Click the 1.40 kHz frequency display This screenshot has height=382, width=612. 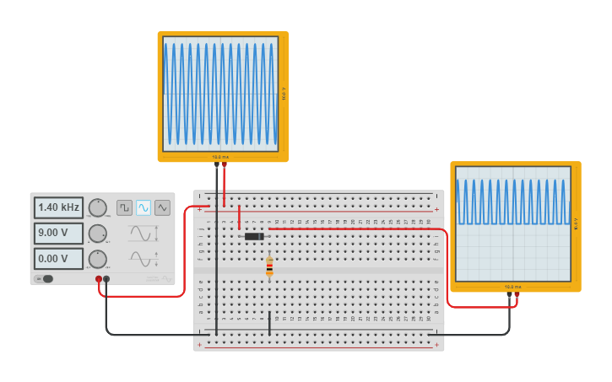tap(58, 207)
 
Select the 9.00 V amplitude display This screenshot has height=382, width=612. tap(58, 233)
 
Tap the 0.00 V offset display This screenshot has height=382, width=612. tap(58, 258)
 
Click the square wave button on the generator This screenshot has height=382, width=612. tap(124, 207)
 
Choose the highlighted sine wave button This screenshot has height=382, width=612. tap(144, 207)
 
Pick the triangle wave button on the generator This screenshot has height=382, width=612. tap(162, 207)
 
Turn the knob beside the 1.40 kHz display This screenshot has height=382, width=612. tap(98, 207)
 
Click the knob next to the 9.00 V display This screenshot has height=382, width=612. tap(98, 234)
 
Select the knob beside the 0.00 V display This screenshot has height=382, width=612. tap(98, 259)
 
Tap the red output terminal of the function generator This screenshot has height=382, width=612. tap(99, 279)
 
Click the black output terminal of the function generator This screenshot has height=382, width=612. tap(106, 279)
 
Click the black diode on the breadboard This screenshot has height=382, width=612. tap(253, 236)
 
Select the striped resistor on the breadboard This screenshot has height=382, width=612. tap(269, 266)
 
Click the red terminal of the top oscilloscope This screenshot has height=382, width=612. tap(224, 164)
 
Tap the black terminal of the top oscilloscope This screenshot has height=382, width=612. tap(216, 164)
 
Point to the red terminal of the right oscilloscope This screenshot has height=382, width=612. tap(517, 295)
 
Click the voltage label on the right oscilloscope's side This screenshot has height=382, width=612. tap(577, 223)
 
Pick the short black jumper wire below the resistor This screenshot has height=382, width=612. tap(269, 323)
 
